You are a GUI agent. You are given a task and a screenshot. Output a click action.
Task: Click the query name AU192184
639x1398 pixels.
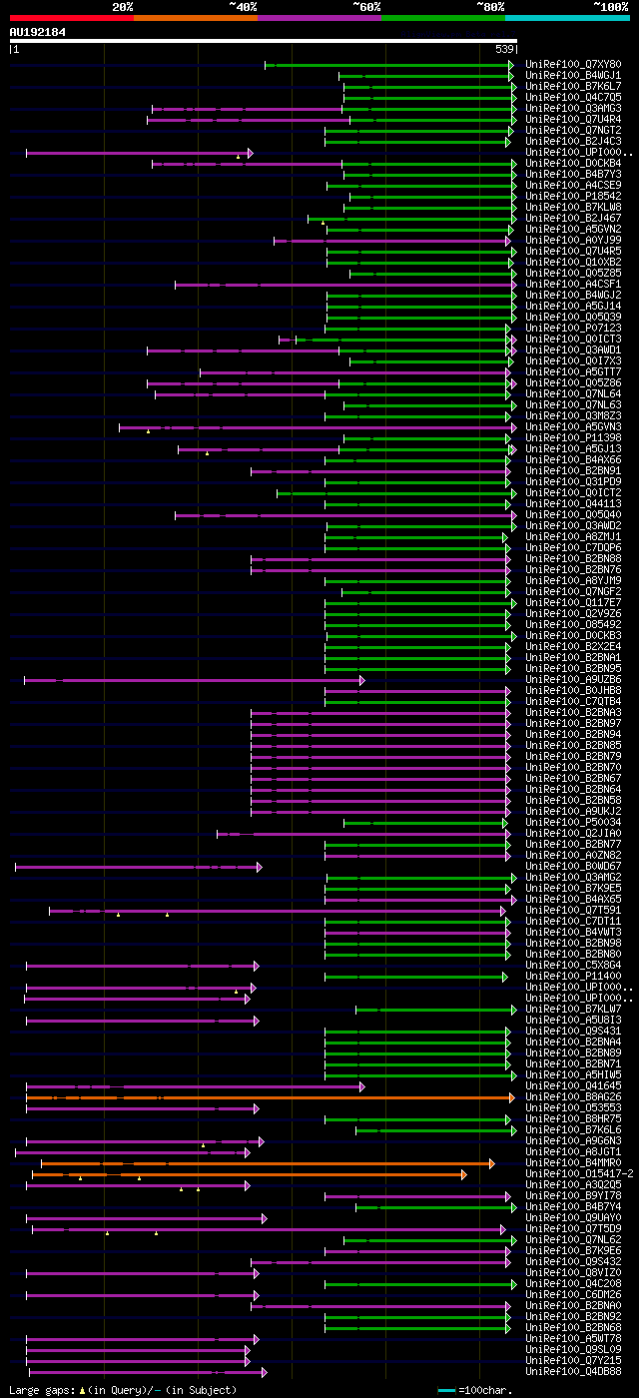click(38, 32)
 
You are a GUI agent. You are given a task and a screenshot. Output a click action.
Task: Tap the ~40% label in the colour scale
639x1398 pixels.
click(243, 7)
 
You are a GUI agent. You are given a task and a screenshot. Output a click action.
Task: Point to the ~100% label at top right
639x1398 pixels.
click(610, 7)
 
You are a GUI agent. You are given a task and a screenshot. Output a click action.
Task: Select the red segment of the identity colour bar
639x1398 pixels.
click(71, 18)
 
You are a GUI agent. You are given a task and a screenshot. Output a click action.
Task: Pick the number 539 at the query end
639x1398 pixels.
click(504, 49)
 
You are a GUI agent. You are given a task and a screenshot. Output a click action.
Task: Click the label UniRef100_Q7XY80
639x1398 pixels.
click(573, 65)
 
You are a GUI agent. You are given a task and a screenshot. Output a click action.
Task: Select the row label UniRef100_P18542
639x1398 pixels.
click(573, 197)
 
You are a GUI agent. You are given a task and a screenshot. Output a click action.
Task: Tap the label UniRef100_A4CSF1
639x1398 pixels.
click(573, 285)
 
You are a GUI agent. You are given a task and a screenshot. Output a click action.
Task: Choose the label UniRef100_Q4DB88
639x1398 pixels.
click(573, 1372)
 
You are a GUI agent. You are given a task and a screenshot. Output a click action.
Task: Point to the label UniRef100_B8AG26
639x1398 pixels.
click(573, 1097)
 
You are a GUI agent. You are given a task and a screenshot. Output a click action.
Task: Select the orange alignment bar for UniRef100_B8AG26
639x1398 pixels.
click(270, 1097)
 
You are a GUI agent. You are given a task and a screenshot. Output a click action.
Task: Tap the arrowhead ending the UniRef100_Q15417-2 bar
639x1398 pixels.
click(464, 1174)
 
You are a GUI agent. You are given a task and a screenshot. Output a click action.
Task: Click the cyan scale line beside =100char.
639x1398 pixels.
click(446, 1390)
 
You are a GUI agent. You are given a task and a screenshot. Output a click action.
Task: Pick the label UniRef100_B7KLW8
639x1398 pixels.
click(573, 208)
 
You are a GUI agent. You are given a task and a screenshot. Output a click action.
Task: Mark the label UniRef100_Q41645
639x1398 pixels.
click(573, 1086)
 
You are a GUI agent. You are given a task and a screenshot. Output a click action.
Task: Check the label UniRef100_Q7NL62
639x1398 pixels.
click(573, 1240)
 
